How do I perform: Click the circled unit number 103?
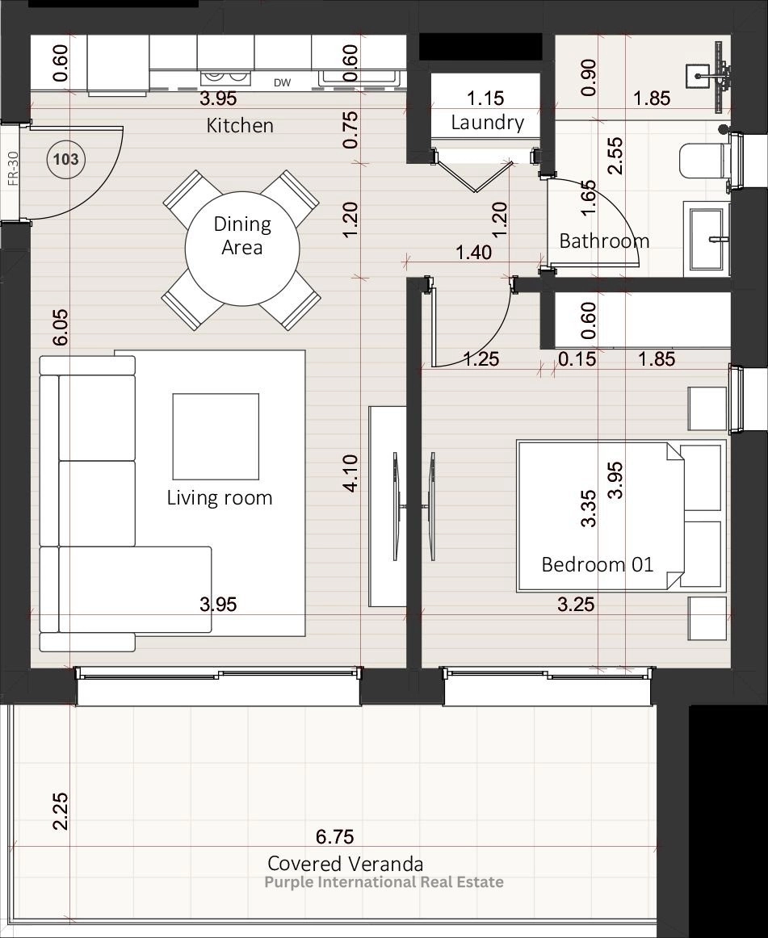(66, 159)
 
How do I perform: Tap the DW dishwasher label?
(282, 83)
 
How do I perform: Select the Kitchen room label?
(240, 126)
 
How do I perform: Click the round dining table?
(241, 249)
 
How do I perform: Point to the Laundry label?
(487, 123)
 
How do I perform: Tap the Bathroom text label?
(604, 241)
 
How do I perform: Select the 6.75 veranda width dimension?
(334, 836)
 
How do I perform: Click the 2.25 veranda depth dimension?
(60, 811)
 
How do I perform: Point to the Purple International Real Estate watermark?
(384, 882)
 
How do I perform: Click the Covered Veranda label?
(346, 864)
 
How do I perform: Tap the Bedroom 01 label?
(598, 565)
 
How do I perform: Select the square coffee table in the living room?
(216, 436)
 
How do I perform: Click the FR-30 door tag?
(13, 169)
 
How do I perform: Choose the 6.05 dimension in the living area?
(60, 327)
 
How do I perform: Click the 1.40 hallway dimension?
(473, 253)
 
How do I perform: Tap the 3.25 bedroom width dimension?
(576, 604)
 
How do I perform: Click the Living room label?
(220, 498)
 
